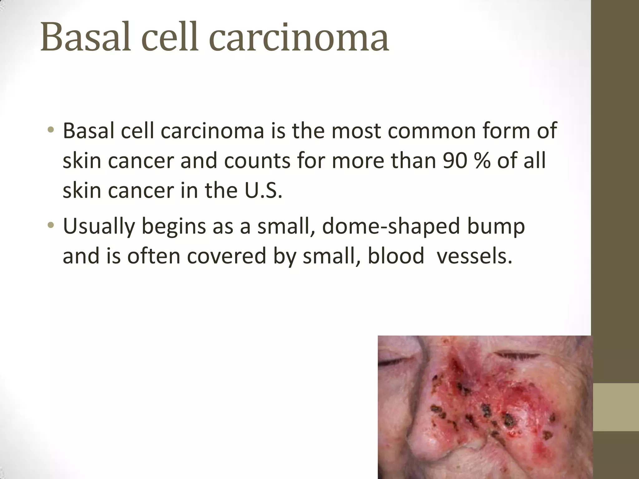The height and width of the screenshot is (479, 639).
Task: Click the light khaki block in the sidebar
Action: tap(616, 407)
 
